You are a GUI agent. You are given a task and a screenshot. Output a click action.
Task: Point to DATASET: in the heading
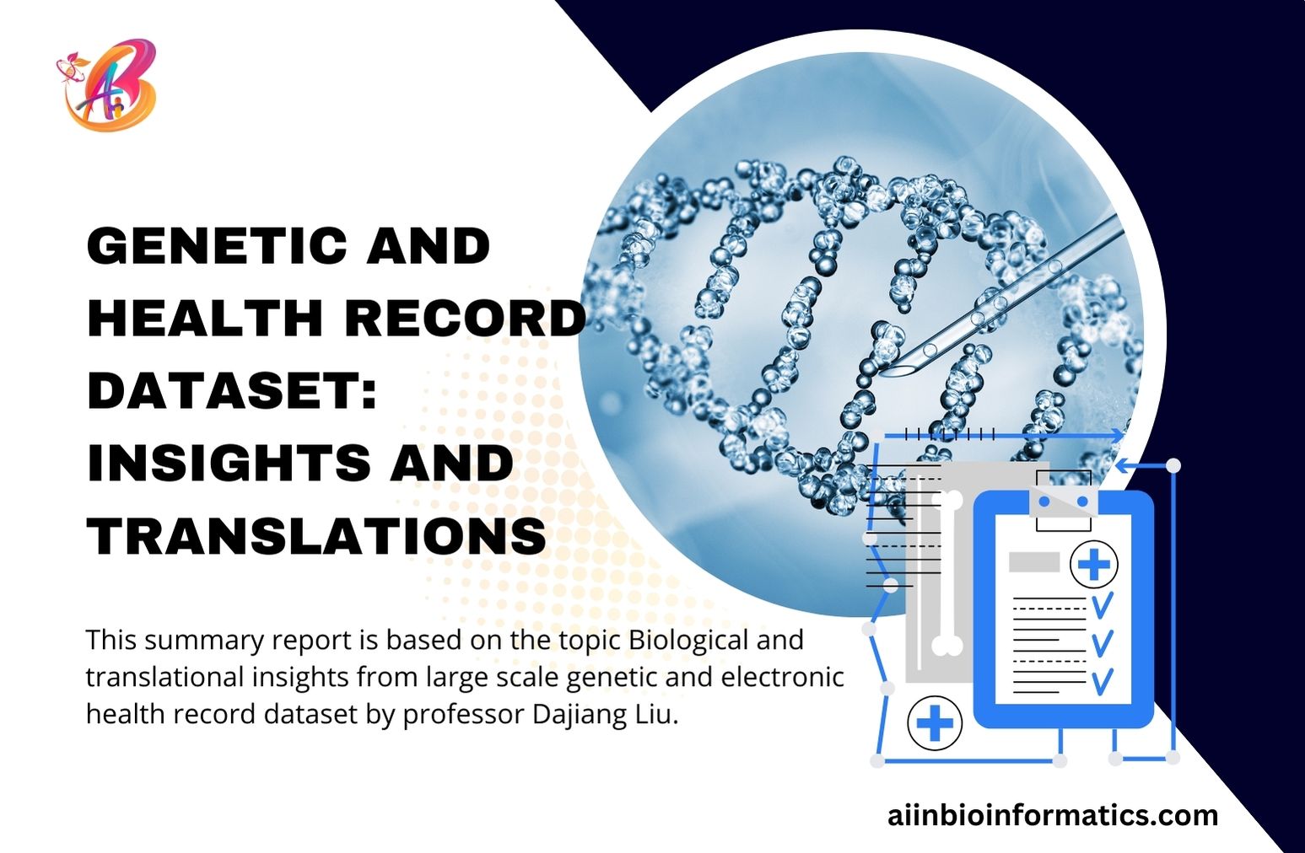pyautogui.click(x=232, y=390)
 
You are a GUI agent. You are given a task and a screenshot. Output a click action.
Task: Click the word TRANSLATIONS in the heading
pyautogui.click(x=316, y=536)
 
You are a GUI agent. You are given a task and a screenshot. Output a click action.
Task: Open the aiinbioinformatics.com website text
pyautogui.click(x=1053, y=815)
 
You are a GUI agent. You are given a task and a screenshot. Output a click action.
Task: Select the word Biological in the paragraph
pyautogui.click(x=688, y=640)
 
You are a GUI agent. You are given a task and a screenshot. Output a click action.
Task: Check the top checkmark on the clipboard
pyautogui.click(x=1102, y=604)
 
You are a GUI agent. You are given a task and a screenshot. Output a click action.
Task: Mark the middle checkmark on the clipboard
pyautogui.click(x=1102, y=642)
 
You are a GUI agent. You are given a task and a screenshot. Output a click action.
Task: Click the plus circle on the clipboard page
pyautogui.click(x=1093, y=564)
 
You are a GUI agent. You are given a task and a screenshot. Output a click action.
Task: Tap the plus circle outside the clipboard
pyautogui.click(x=934, y=723)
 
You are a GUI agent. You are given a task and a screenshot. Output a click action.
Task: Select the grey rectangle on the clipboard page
pyautogui.click(x=1034, y=561)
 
